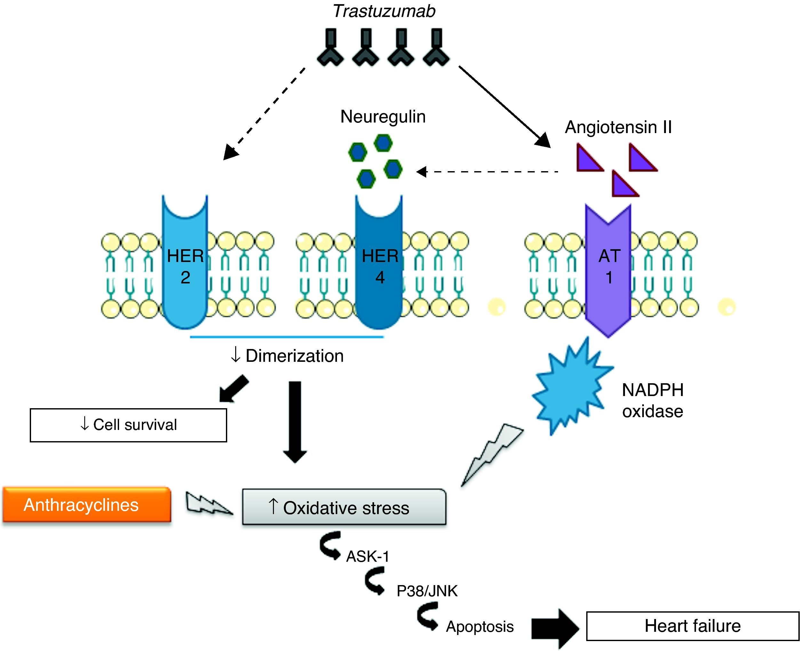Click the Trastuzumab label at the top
coord(384,11)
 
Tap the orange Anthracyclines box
coord(87,505)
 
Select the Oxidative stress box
coord(344,507)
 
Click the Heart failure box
coord(692,626)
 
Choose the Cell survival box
coord(128,425)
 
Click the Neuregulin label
coord(383,117)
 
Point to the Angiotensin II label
coord(618,127)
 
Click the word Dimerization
coord(294,356)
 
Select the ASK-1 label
coord(368,557)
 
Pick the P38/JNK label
coord(427,591)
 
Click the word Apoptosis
coord(480,627)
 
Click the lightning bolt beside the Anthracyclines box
coord(209,503)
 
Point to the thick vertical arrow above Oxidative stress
coord(295,422)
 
